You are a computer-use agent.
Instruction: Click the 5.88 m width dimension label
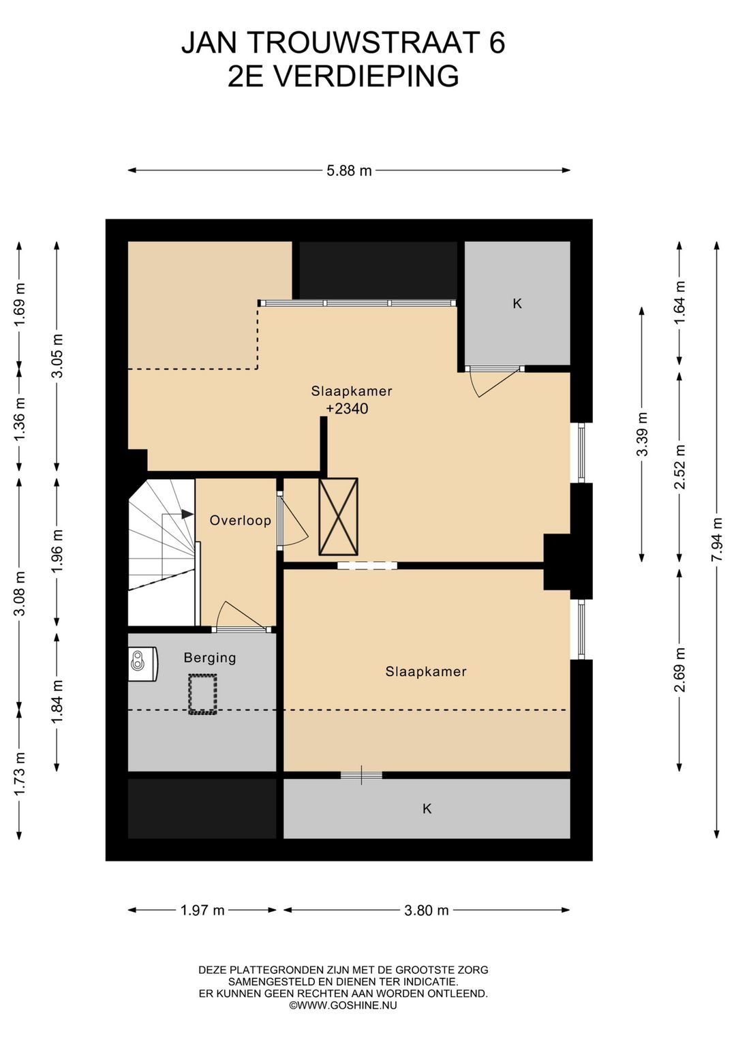[x=349, y=171]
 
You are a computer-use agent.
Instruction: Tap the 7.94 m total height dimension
[x=717, y=540]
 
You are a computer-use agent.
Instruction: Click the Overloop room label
[x=240, y=520]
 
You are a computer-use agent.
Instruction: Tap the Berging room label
[x=210, y=658]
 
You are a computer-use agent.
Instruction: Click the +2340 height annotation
[x=347, y=409]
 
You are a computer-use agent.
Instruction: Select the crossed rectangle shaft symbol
[x=338, y=517]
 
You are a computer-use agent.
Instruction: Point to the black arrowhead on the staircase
[x=187, y=514]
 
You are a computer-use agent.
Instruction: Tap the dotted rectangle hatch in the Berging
[x=202, y=694]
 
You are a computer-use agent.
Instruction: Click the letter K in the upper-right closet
[x=517, y=304]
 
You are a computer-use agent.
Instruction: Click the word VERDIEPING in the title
[x=365, y=76]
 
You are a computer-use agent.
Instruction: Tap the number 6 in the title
[x=496, y=42]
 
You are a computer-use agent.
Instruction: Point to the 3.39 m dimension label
[x=642, y=434]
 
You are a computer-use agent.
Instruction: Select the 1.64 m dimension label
[x=679, y=303]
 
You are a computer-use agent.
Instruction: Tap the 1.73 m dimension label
[x=20, y=774]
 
